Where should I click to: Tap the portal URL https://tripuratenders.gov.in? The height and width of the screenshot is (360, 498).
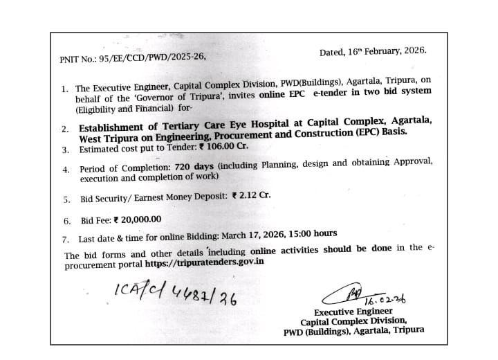(205, 263)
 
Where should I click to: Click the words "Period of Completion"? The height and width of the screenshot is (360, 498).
(123, 169)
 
